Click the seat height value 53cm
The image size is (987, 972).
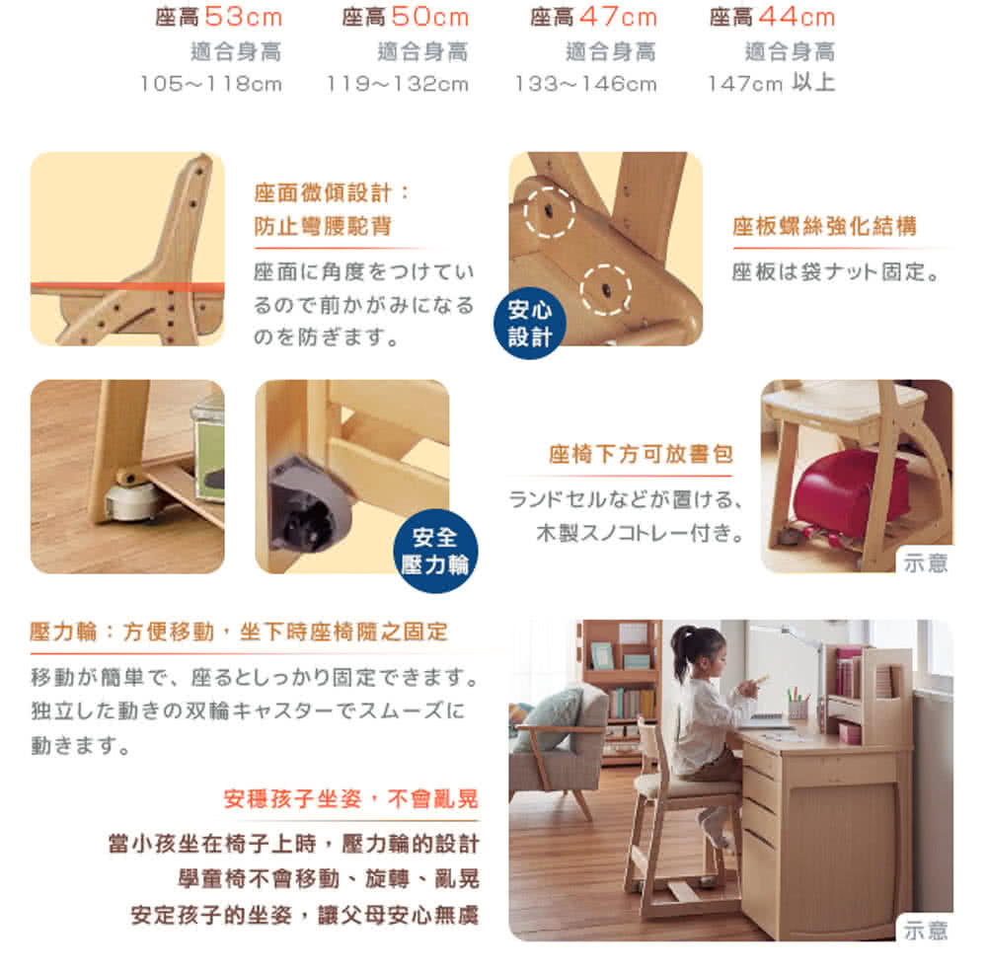point(244,17)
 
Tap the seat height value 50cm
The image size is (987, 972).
point(430,17)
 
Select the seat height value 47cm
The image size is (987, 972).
point(618,17)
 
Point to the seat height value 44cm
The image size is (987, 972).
point(797,17)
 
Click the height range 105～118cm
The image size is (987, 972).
point(211,84)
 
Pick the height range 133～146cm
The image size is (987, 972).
point(586,84)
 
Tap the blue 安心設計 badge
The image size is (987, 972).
point(530,324)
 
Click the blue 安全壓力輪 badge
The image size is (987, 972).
point(435,551)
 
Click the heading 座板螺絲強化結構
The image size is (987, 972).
point(824,226)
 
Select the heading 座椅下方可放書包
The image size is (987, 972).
point(641,454)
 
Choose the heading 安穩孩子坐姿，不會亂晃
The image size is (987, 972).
point(351,799)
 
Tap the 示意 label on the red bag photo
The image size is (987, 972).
point(926,562)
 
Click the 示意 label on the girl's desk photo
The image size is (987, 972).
point(926,930)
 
